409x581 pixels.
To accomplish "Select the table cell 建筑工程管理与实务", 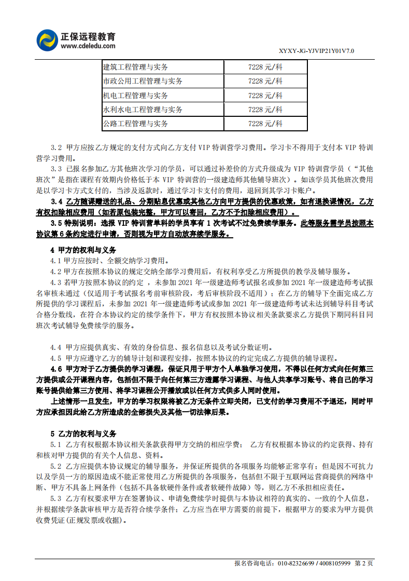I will (x=136, y=67).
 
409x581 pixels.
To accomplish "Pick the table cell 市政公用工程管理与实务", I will (x=143, y=81).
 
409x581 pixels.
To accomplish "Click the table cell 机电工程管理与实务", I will (x=136, y=96).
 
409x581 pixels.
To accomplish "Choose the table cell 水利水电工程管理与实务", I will (x=143, y=110).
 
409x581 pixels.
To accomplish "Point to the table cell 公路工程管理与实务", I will (x=136, y=124).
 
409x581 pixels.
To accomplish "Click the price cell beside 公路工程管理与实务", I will (x=265, y=124).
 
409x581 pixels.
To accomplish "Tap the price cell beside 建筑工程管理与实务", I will (x=265, y=67).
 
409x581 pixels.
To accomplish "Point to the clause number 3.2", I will (x=56, y=147).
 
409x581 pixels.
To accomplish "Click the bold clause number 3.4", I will (x=56, y=202).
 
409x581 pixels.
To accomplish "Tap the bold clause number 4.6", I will (x=56, y=369).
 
